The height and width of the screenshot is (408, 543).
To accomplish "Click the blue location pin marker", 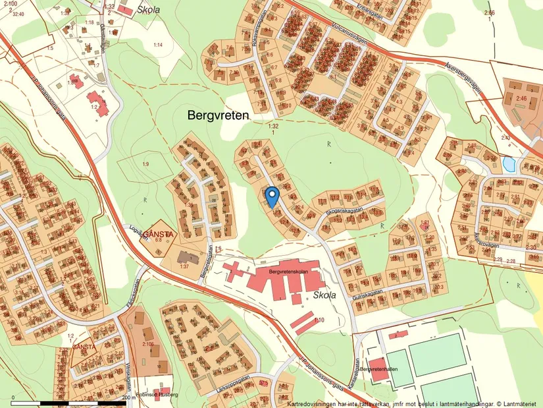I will tap(271, 196).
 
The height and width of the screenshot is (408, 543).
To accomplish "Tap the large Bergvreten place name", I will tap(219, 115).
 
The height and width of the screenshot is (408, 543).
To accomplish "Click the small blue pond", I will tap(509, 163).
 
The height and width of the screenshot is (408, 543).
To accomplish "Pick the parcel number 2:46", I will tap(522, 98).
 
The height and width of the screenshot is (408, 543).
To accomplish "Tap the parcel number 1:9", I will tap(145, 163).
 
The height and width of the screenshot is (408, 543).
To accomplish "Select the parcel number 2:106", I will tap(147, 343).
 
